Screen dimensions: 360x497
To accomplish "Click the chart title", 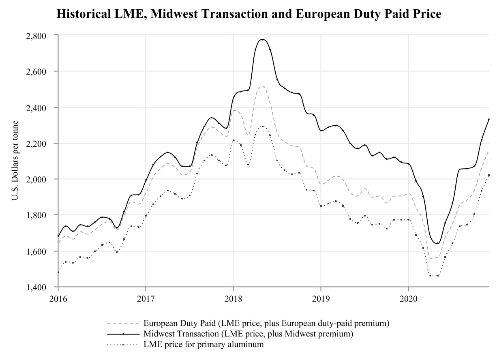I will click(248, 14).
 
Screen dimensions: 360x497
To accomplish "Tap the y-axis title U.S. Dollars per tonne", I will click(15, 161).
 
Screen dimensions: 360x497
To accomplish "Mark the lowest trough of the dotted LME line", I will click(434, 276).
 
